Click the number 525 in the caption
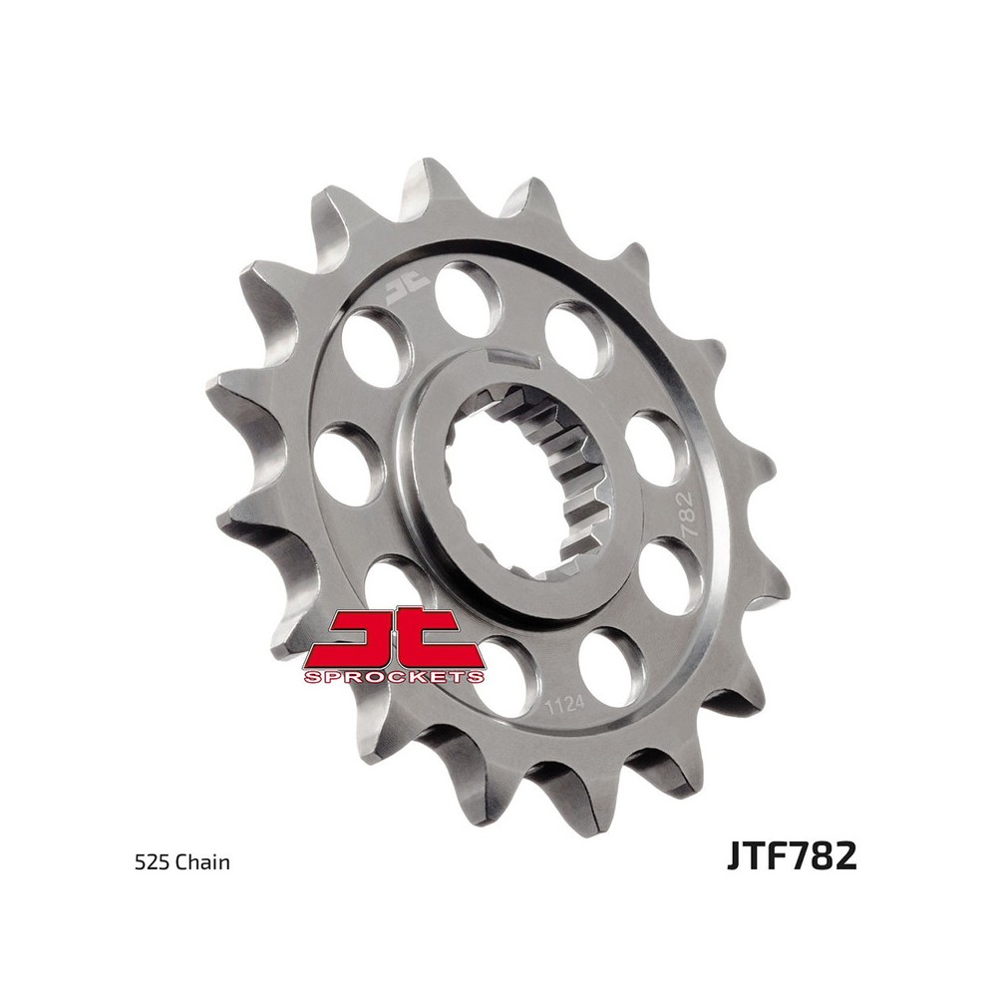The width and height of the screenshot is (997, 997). tap(149, 862)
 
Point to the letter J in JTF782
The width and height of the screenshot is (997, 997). tap(735, 857)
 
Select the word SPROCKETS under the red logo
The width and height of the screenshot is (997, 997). tap(394, 677)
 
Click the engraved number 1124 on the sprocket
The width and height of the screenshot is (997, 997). tap(566, 706)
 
